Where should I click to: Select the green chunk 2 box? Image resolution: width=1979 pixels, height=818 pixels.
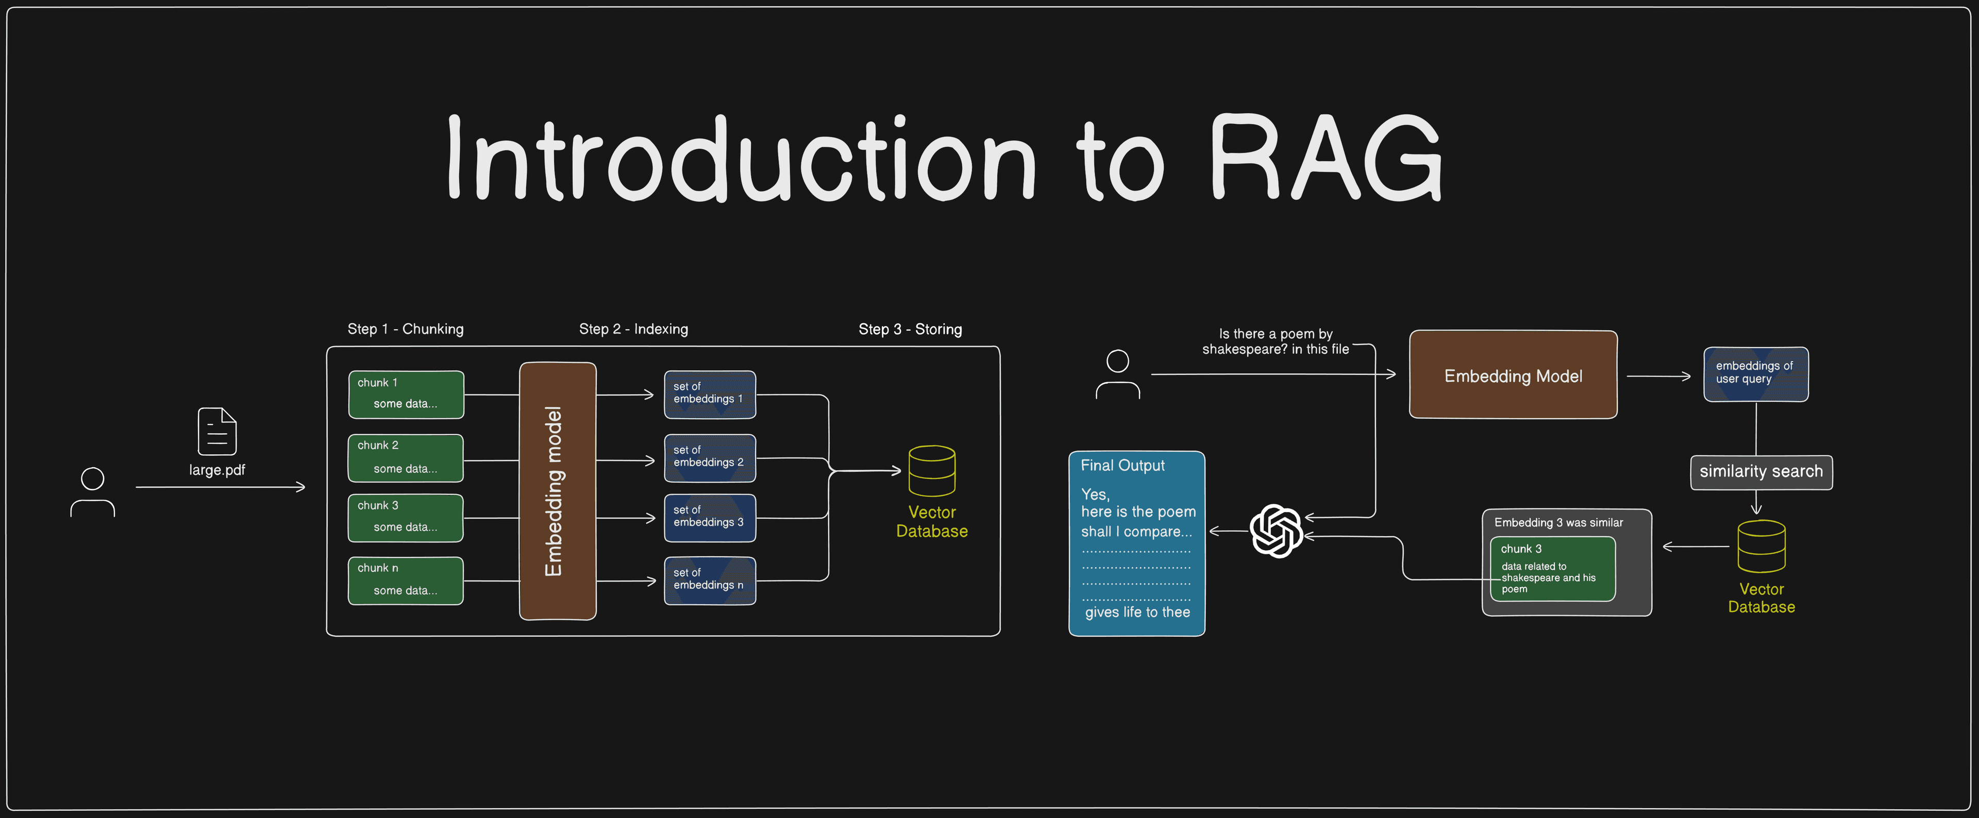tap(406, 458)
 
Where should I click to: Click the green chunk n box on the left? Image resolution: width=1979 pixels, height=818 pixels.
tap(406, 581)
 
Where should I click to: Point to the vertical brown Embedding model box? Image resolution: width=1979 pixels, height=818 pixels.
tap(558, 491)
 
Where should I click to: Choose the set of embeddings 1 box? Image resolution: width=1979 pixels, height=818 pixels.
tap(709, 395)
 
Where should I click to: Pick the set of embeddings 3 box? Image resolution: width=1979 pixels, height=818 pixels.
tap(709, 518)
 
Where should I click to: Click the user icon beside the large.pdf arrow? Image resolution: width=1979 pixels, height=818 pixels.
tap(92, 492)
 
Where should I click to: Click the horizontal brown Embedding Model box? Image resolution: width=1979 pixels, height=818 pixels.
tap(1513, 375)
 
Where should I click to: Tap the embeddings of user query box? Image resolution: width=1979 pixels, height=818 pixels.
tap(1755, 374)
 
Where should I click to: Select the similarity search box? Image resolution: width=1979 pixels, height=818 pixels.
tap(1761, 472)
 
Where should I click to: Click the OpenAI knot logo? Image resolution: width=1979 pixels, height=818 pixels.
tap(1276, 531)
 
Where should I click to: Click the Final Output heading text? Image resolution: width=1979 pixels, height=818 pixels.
tap(1122, 466)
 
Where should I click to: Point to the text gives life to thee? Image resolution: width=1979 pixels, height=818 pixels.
tap(1137, 612)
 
